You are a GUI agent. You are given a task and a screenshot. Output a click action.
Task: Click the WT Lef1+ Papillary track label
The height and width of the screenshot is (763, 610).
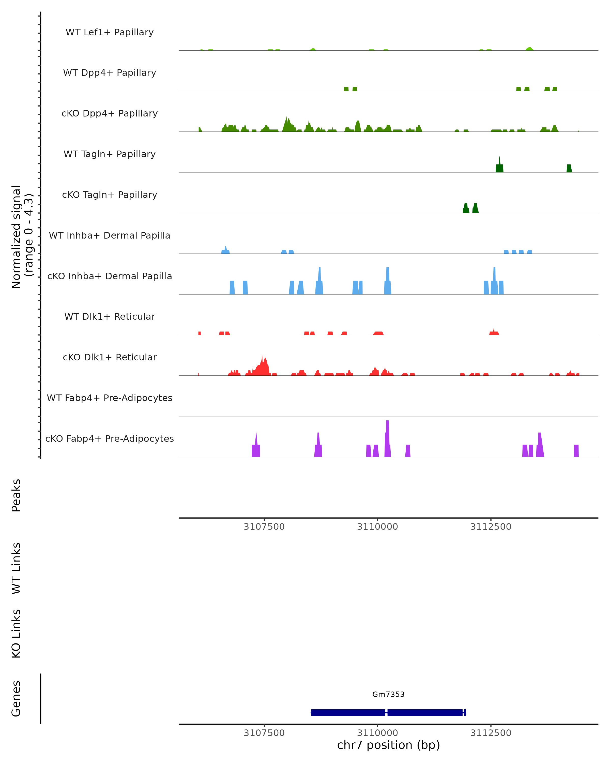tap(110, 32)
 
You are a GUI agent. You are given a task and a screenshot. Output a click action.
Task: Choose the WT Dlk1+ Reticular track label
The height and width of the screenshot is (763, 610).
tap(110, 316)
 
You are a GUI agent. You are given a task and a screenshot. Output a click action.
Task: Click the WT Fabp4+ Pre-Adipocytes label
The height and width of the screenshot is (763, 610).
tap(110, 398)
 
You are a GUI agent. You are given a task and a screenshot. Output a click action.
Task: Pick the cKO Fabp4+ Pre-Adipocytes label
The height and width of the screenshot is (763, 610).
tap(110, 438)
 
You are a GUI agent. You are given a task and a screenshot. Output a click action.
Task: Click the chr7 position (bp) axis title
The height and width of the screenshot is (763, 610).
tap(388, 745)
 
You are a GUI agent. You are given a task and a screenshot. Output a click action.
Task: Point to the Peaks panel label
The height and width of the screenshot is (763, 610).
tap(16, 495)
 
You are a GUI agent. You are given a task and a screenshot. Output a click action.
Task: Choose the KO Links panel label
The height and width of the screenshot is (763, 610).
tap(16, 634)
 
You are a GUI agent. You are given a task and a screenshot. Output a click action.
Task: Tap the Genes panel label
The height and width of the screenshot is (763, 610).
tap(16, 699)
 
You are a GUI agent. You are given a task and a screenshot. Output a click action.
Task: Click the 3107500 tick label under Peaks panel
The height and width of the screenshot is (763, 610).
tap(264, 527)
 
